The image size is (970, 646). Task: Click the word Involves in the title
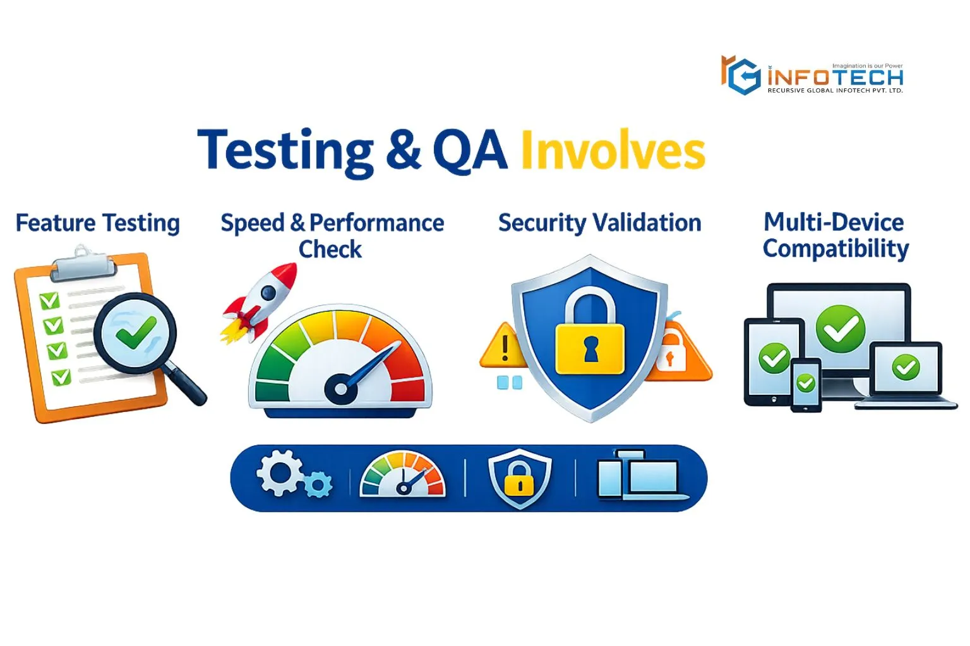click(x=612, y=151)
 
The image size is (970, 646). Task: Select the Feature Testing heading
click(x=98, y=223)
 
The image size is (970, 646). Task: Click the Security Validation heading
click(x=599, y=223)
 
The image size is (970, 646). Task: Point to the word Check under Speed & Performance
click(x=330, y=250)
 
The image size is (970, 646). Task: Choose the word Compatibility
click(x=835, y=249)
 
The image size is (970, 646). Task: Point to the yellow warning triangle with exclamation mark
click(x=503, y=348)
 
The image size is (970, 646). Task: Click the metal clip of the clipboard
click(x=84, y=265)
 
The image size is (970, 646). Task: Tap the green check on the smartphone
click(x=806, y=383)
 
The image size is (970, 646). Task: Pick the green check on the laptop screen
click(x=906, y=367)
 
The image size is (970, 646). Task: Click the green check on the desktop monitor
click(x=841, y=329)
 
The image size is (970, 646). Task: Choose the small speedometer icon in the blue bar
click(x=402, y=474)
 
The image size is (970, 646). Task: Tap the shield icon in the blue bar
click(x=519, y=478)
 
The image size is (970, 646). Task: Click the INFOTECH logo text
click(x=835, y=78)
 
